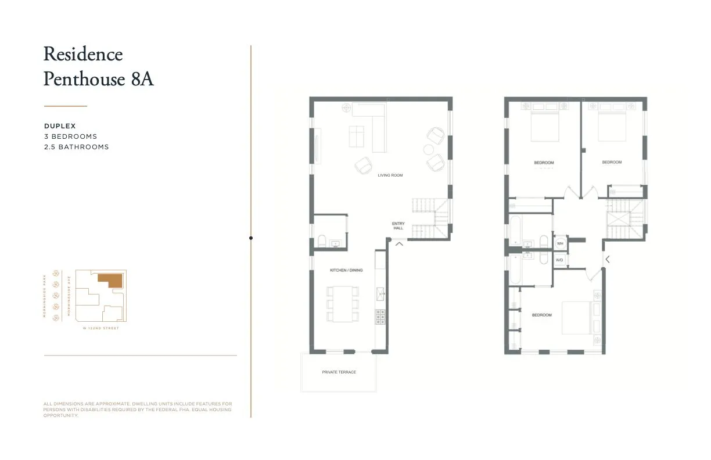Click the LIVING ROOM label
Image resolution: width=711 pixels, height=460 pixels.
point(390,175)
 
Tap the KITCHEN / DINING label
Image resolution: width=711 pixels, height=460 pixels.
point(346,270)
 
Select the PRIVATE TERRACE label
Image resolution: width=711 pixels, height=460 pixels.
point(339,372)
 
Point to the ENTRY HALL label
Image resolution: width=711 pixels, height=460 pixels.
point(398,226)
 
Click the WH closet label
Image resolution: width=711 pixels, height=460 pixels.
point(560,244)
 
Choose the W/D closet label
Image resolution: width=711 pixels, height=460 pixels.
point(559,260)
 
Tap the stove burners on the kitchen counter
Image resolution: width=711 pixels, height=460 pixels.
point(380,317)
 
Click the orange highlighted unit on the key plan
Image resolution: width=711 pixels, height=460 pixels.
point(110,281)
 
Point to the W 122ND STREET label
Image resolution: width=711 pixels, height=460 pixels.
point(101,328)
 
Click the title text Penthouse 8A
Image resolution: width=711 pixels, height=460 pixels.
point(98,78)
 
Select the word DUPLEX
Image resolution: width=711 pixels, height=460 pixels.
point(60,126)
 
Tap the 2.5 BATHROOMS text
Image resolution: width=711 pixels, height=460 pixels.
point(76,147)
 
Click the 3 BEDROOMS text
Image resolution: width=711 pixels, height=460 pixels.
point(70,136)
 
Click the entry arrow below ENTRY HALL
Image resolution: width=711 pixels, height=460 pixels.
point(400,244)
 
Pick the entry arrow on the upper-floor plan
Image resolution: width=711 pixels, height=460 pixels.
point(608,259)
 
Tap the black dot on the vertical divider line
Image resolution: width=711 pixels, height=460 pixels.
point(251,238)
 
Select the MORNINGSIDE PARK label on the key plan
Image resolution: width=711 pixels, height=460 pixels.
point(45,296)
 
